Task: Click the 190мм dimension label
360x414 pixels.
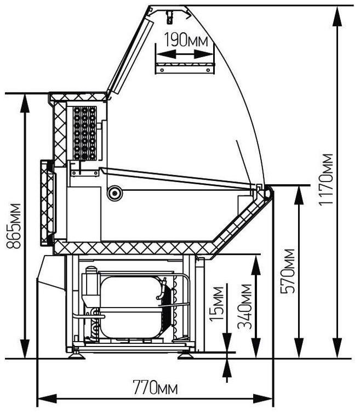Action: [x=186, y=40]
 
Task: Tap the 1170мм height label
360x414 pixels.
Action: [x=325, y=179]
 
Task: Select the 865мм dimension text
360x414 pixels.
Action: [x=14, y=226]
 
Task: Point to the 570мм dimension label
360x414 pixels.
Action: [x=288, y=271]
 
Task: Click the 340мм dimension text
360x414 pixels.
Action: [x=244, y=307]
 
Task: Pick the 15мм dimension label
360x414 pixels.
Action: [x=217, y=303]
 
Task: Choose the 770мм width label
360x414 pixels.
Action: [x=156, y=387]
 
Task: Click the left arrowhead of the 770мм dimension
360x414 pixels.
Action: [x=48, y=399]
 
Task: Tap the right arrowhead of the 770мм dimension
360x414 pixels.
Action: [x=262, y=399]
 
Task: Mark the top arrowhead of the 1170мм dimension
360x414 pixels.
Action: [x=338, y=16]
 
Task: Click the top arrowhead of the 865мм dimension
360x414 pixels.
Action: [x=25, y=104]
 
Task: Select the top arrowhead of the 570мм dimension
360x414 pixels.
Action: [x=299, y=195]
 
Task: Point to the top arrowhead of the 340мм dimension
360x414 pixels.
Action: [x=256, y=265]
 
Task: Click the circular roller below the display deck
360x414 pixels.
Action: [x=115, y=194]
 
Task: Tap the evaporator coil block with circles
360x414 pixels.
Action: [x=85, y=133]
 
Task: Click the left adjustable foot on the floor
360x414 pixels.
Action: [x=76, y=356]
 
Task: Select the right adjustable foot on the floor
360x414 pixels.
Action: [x=186, y=356]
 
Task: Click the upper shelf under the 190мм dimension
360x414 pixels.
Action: [x=185, y=68]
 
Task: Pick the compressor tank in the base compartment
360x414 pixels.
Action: [x=132, y=307]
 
